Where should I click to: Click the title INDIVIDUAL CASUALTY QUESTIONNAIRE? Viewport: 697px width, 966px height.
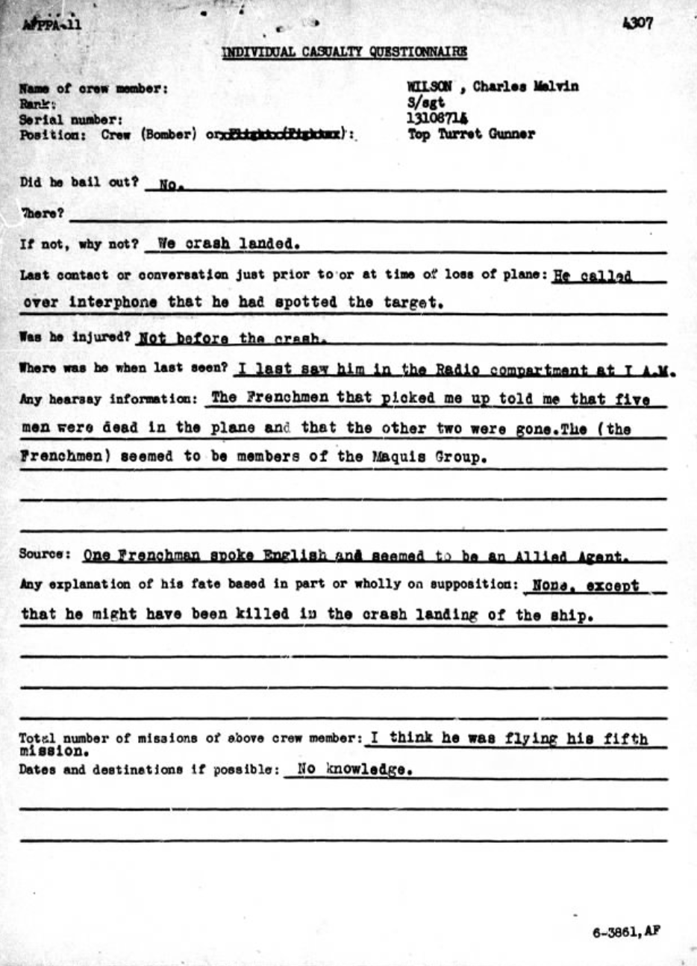coord(344,52)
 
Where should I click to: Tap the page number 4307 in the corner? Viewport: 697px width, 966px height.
coord(638,23)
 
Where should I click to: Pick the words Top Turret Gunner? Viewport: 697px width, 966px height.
coord(471,134)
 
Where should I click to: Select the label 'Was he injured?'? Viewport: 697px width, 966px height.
coord(75,337)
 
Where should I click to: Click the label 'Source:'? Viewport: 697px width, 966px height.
coord(45,555)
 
